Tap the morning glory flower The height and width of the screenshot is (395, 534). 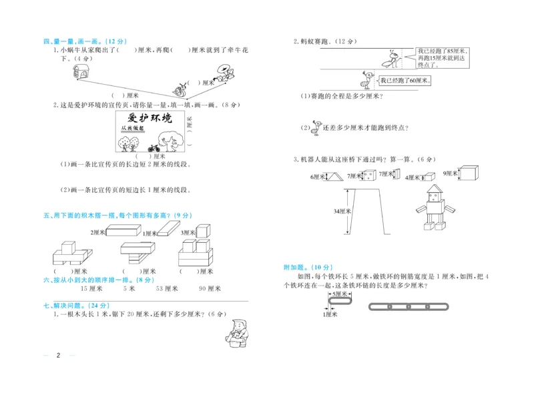[x=225, y=72]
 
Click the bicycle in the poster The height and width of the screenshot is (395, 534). [x=154, y=147]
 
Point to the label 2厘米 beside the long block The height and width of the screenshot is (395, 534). [x=99, y=232]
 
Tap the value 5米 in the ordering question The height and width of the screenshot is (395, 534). [x=129, y=289]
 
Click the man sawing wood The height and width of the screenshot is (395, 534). [x=236, y=332]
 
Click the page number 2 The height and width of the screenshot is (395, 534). [x=59, y=354]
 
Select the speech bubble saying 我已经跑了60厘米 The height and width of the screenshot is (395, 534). [x=405, y=81]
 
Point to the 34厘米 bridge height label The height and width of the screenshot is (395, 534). [x=342, y=211]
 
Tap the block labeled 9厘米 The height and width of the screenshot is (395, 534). [x=470, y=173]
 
